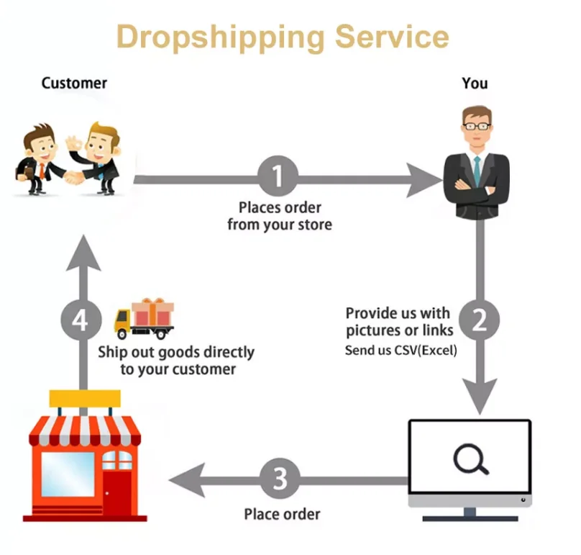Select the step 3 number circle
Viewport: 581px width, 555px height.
pyautogui.click(x=280, y=477)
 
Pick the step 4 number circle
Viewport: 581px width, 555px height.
pyautogui.click(x=81, y=320)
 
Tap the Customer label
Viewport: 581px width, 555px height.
pyautogui.click(x=74, y=83)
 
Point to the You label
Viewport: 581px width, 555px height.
pyautogui.click(x=475, y=83)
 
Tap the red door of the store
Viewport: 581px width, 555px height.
pyautogui.click(x=116, y=492)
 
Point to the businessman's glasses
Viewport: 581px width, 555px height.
pyautogui.click(x=477, y=126)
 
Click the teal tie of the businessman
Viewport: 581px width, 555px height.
pyautogui.click(x=477, y=168)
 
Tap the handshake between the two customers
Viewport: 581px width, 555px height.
pyautogui.click(x=73, y=176)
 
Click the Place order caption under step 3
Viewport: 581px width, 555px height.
pyautogui.click(x=282, y=514)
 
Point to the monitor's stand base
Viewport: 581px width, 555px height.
pyautogui.click(x=471, y=517)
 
